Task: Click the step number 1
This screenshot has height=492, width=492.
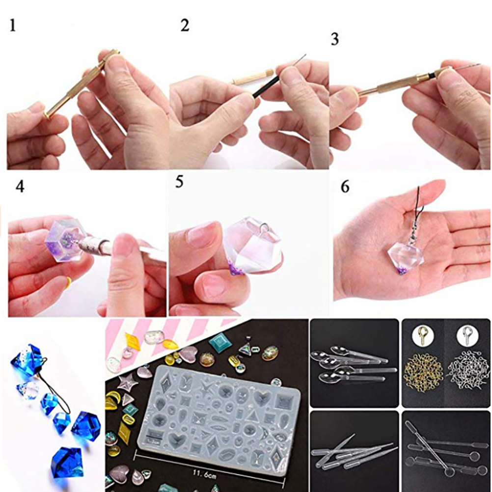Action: (x=13, y=26)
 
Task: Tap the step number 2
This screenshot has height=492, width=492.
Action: (x=185, y=26)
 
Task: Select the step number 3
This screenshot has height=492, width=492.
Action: (x=335, y=40)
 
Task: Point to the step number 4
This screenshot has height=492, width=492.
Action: (x=20, y=187)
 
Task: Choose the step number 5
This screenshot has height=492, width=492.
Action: (x=179, y=182)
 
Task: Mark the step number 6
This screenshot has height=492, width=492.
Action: (x=345, y=187)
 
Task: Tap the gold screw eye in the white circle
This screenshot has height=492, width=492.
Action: (x=421, y=334)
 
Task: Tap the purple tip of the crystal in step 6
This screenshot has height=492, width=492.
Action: (x=402, y=270)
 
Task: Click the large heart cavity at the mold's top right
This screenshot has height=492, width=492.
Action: (x=262, y=398)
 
